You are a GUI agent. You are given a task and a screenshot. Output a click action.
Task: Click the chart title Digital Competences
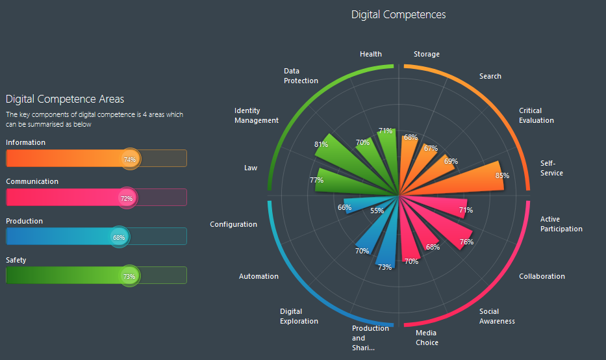[398, 14]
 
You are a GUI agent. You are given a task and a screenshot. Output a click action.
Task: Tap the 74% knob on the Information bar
[130, 159]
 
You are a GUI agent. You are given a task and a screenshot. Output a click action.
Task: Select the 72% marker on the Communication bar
[127, 198]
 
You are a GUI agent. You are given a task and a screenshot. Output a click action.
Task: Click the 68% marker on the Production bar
[119, 237]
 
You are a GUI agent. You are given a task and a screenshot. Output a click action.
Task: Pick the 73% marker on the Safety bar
[129, 276]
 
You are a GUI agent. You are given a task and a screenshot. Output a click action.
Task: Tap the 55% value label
[377, 211]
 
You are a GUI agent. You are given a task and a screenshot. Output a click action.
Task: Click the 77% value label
[316, 180]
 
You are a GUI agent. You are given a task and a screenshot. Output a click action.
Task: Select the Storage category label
[427, 54]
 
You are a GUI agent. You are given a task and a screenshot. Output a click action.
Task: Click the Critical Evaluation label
[537, 116]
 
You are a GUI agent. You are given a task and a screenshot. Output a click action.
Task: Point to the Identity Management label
[257, 116]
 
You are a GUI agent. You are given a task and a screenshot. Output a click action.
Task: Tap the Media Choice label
[427, 338]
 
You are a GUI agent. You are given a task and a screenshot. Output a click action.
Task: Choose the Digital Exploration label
[299, 316]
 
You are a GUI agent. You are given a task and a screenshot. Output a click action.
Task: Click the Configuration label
[233, 224]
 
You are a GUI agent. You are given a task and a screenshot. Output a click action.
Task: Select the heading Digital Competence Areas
[65, 99]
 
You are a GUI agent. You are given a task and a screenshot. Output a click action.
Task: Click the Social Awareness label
[497, 316]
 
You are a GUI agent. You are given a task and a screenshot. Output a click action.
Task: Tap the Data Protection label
[301, 76]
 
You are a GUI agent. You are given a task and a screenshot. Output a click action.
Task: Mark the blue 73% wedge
[385, 250]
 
